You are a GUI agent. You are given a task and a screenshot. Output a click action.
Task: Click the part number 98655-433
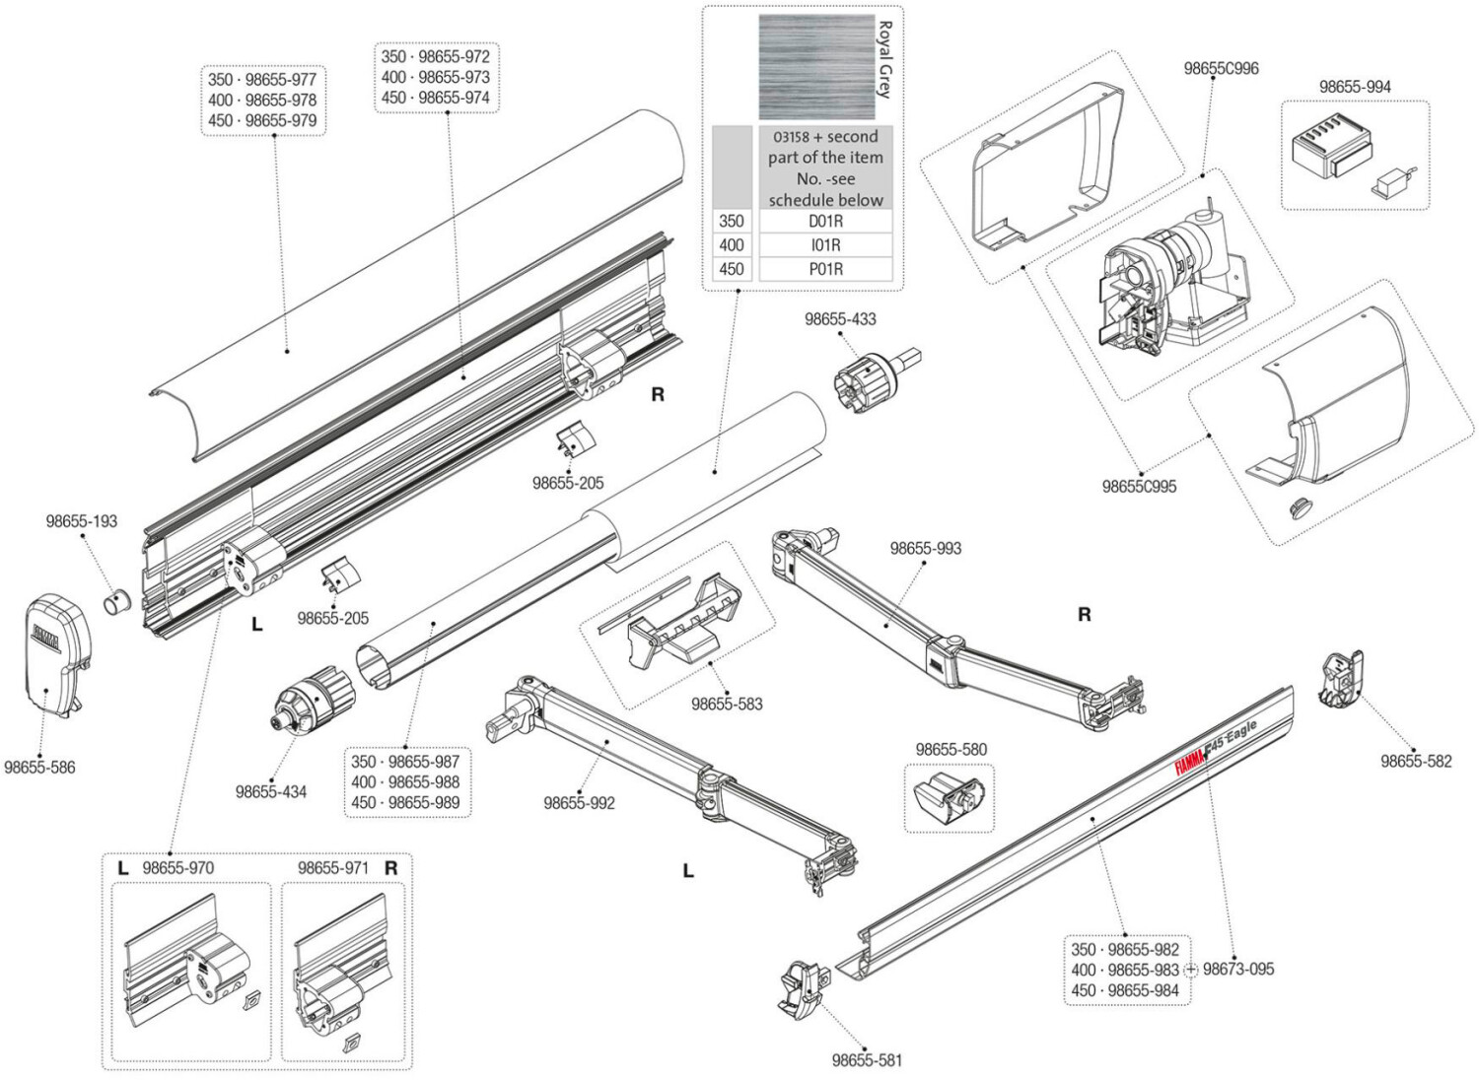coord(840,319)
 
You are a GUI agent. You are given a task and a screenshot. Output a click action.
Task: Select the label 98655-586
coord(39,767)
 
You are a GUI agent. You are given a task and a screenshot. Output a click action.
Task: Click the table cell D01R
coord(824,222)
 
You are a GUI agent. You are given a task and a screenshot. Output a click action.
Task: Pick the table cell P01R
coord(824,269)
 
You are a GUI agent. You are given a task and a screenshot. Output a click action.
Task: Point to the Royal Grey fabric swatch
coord(816,67)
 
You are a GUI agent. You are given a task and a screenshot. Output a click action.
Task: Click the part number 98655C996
coord(1221,69)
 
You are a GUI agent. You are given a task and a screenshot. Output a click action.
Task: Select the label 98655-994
coord(1355,87)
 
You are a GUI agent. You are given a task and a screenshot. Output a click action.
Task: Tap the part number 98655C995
coord(1139,486)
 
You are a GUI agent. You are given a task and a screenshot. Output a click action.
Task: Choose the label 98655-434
coord(271,791)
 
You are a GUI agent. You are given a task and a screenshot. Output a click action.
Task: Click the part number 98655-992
coord(579,803)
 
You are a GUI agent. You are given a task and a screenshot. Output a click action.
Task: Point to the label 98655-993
coord(925,548)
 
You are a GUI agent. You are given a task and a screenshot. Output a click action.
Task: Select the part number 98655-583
coord(727,704)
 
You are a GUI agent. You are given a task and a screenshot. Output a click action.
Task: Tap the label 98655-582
coord(1416,761)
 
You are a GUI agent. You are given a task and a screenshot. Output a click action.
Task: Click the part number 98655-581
coord(867,1060)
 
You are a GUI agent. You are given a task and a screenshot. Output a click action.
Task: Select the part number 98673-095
coord(1238,969)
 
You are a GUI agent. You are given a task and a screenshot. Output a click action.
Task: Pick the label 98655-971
coord(333,868)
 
